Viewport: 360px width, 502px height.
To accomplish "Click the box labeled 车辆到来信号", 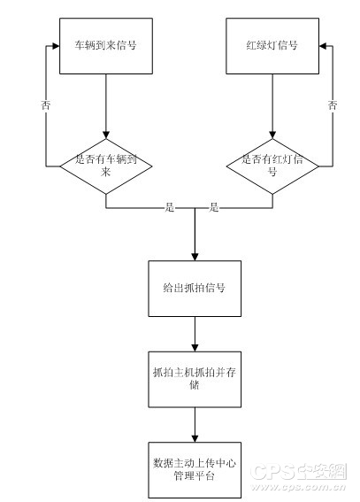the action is click(106, 46).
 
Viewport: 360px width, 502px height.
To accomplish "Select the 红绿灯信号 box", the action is click(272, 46).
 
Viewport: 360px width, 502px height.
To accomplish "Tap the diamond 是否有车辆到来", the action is click(106, 166).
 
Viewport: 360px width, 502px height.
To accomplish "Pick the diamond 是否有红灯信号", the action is click(272, 166).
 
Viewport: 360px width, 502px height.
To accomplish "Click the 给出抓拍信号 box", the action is click(195, 289).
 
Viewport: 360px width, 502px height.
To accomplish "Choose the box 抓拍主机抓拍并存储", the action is click(195, 380).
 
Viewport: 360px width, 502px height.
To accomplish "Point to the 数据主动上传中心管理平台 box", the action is click(195, 470).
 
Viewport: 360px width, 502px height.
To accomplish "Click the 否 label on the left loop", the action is click(46, 105).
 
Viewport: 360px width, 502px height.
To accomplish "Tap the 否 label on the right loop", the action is click(333, 105).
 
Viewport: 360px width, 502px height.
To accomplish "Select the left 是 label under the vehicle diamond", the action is click(170, 207).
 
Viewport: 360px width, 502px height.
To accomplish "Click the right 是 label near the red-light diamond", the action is click(214, 207).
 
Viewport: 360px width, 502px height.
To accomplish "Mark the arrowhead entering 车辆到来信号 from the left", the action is click(56, 46).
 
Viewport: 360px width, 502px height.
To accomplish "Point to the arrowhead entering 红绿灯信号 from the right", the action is click(323, 46).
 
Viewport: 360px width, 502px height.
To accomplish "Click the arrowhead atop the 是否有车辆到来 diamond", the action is click(106, 135).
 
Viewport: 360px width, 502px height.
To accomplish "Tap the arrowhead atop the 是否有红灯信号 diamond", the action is click(272, 135).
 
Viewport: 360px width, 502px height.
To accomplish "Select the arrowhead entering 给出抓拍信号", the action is click(195, 257).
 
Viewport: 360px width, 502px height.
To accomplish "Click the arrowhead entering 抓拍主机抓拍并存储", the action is click(195, 348).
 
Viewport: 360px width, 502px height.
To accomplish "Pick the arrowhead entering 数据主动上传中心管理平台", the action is click(195, 438).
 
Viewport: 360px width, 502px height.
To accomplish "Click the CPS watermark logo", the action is click(298, 472).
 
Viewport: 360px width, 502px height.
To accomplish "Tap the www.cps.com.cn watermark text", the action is click(298, 487).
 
